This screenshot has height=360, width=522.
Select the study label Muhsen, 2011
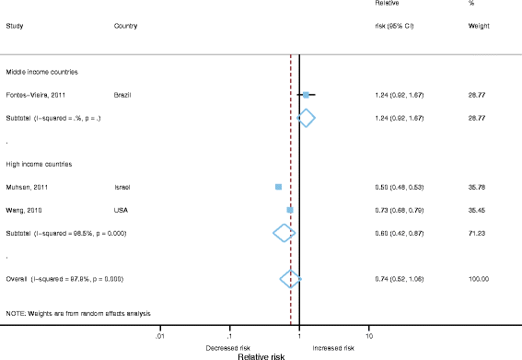(x=26, y=187)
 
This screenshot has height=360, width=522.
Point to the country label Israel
(x=122, y=187)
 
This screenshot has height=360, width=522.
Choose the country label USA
(x=121, y=210)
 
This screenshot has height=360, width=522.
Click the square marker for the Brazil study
(x=307, y=95)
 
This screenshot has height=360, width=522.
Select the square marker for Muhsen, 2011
(x=278, y=187)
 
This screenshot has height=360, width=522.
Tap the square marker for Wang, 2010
(x=290, y=210)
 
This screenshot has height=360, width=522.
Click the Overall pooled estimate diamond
(x=290, y=278)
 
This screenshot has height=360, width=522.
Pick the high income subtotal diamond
(x=284, y=233)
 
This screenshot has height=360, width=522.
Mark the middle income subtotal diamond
(x=307, y=118)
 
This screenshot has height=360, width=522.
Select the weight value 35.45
(x=478, y=210)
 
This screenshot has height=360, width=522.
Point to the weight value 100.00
(x=479, y=278)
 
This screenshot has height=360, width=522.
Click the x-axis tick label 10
(x=369, y=337)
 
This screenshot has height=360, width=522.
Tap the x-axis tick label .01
(x=160, y=337)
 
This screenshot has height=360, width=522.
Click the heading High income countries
(x=40, y=164)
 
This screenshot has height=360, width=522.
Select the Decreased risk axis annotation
(x=229, y=348)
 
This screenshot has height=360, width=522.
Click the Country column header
(x=126, y=26)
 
